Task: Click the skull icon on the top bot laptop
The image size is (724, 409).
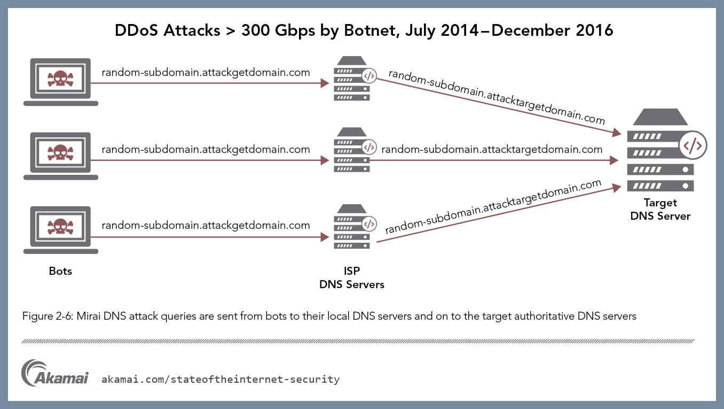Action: (60, 79)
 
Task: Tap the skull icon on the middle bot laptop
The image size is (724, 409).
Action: (60, 153)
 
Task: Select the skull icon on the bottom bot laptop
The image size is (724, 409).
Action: (60, 227)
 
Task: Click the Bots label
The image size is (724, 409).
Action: (60, 271)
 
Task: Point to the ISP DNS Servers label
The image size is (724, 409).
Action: (352, 277)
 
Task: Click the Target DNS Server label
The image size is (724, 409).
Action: (660, 209)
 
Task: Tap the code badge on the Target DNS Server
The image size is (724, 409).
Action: (693, 145)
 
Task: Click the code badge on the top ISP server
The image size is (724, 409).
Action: (369, 76)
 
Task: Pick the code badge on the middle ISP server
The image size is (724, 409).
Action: (369, 148)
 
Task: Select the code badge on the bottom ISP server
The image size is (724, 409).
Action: (369, 224)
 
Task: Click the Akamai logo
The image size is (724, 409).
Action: (55, 373)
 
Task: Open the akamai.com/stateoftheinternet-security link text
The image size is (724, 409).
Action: (221, 379)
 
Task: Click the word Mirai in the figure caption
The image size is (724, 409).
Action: (88, 316)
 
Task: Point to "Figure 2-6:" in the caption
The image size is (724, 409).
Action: (48, 316)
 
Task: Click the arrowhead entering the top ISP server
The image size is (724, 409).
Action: (325, 83)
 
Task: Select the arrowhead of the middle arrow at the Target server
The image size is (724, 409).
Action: (614, 160)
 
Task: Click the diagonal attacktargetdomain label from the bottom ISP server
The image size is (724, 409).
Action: (493, 206)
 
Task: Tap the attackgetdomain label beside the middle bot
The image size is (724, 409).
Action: (206, 150)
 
